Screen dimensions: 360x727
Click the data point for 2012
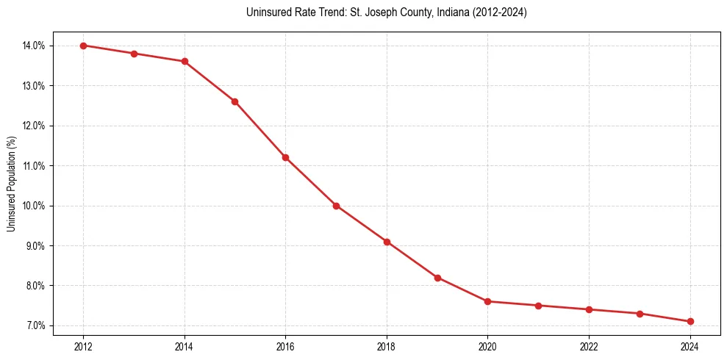pos(83,46)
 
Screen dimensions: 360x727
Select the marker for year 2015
pos(234,101)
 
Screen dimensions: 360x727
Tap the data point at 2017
pos(336,206)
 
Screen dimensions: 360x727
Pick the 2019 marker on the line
pos(437,278)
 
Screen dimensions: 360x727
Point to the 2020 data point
pos(488,301)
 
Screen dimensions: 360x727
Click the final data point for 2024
pos(690,321)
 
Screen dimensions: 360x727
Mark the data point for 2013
pos(134,54)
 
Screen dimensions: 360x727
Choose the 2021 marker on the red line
pos(539,306)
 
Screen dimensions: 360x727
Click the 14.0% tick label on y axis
pos(35,46)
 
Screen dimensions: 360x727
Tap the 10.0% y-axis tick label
pos(35,206)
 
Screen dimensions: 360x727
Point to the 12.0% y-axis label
pos(35,126)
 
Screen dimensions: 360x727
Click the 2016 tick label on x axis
pos(285,346)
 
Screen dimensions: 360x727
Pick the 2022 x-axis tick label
pos(589,346)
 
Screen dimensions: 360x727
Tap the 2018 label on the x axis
pos(387,346)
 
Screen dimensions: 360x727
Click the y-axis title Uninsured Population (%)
pos(12,184)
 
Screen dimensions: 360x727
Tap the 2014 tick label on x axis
pos(185,346)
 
